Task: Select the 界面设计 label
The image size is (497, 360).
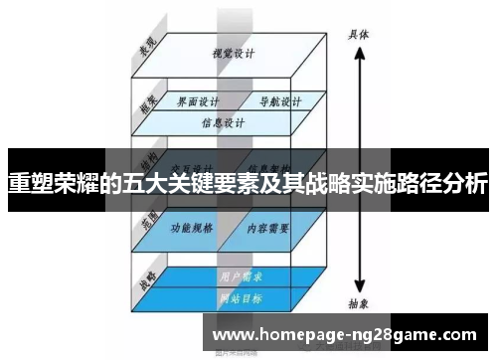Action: pos(196,101)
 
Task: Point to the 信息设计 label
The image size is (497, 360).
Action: pos(223,124)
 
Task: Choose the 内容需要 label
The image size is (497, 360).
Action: pos(267,227)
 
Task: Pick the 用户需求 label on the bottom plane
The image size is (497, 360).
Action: pos(235,275)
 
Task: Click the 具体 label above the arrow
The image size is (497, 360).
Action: pos(358,33)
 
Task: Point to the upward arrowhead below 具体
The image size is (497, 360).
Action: pos(358,51)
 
